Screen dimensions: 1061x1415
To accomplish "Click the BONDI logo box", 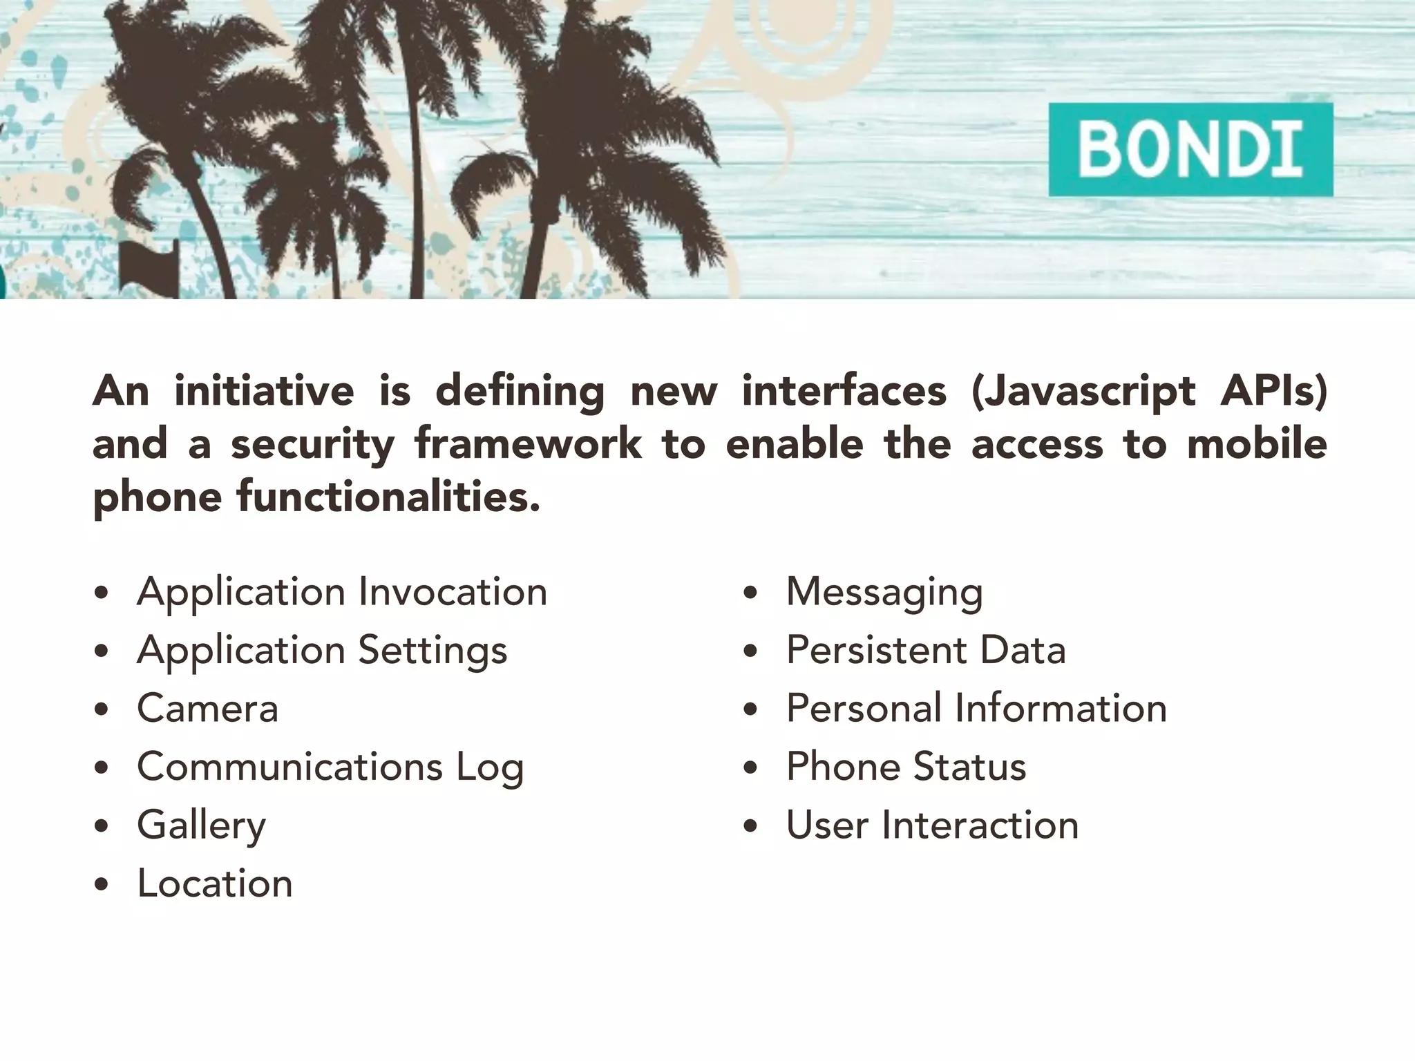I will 1190,150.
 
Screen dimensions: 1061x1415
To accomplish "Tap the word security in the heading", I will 312,445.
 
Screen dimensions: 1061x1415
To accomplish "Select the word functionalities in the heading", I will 388,497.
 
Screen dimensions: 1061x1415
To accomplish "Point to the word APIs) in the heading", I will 1273,391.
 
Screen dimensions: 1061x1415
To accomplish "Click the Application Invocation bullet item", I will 342,593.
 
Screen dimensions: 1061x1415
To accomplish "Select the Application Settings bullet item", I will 322,651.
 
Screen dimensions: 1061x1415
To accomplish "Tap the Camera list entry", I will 207,709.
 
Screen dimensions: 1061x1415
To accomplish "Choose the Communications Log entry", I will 330,767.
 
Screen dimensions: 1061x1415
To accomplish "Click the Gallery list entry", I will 201,825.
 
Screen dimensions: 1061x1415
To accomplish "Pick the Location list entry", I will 215,883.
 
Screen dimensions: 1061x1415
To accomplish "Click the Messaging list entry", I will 884,593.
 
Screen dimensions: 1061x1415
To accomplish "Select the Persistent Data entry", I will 926,651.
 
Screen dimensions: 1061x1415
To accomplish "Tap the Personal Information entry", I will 976,709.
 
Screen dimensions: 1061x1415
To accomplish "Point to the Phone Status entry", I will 906,767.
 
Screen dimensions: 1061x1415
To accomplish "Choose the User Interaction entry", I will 932,825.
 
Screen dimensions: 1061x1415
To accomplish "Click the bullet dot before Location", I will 102,885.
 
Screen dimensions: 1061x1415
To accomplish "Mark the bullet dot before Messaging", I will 751,593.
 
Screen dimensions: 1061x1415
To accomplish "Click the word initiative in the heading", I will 264,391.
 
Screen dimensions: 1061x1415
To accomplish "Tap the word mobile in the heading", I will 1257,443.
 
